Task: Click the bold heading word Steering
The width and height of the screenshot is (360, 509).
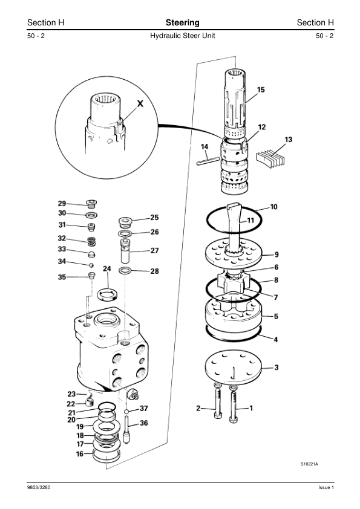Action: pos(182,23)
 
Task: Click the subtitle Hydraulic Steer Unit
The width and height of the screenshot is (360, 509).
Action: pos(182,36)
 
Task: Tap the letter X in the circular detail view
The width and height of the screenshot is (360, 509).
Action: pos(140,103)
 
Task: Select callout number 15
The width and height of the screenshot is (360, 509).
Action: pos(261,89)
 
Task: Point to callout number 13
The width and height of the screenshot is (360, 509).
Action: pos(288,140)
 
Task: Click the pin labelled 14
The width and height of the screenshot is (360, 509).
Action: pos(208,161)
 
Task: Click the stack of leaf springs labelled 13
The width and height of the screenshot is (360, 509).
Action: pos(270,159)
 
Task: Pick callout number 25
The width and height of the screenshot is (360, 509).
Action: pos(154,217)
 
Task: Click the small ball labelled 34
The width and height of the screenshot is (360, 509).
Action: pos(91,265)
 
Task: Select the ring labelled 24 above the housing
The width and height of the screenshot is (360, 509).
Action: pos(108,294)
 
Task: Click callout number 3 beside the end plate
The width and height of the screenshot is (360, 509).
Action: pos(277,367)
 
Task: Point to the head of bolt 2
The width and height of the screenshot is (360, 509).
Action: pos(218,415)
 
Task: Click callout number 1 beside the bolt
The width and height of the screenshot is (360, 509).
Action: pos(251,407)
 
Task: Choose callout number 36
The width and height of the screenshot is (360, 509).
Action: pos(143,423)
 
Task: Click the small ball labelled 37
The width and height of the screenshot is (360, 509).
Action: pos(126,412)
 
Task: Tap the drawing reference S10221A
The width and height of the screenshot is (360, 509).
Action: pos(309,464)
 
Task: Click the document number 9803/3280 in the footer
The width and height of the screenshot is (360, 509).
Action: pos(39,487)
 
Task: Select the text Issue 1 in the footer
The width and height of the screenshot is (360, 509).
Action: pos(326,487)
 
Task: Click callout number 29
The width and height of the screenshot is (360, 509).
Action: pos(62,203)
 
